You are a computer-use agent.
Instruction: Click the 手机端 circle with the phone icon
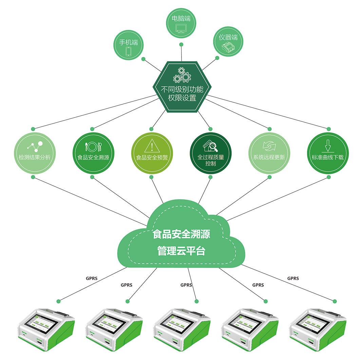[x=129, y=44]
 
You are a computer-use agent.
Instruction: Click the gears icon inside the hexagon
[x=182, y=75]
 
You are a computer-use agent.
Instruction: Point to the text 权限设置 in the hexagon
[x=182, y=98]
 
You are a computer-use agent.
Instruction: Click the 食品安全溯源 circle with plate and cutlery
[x=93, y=152]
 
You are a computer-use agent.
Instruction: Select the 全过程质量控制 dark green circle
[x=210, y=152]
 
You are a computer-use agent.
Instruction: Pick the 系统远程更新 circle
[x=269, y=152]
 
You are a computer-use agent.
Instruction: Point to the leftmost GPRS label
[x=92, y=278]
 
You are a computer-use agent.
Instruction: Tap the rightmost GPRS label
[x=293, y=278]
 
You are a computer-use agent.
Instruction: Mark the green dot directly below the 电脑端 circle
[x=182, y=44]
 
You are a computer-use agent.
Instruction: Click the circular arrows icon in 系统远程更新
[x=269, y=147]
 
